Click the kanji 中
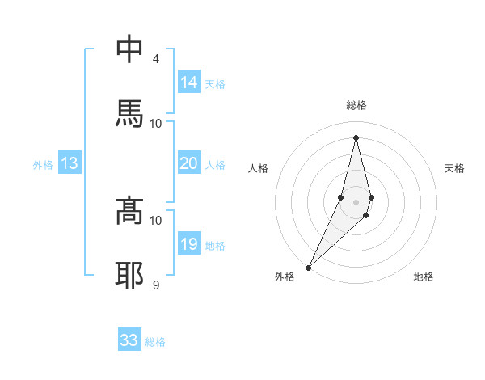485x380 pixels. coord(130,50)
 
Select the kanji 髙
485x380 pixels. coord(130,211)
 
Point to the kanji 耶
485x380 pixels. coord(130,276)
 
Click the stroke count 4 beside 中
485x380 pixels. coord(155,59)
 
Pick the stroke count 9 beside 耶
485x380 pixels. coord(155,285)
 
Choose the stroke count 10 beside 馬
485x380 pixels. coord(156,123)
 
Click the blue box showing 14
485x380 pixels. coord(189,82)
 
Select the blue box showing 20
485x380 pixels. coord(189,163)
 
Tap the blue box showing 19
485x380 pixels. coord(189,244)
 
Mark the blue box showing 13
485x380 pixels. coord(70,163)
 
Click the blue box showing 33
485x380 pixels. coord(129,340)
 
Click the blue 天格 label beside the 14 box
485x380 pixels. coord(215,84)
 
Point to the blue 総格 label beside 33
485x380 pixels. coord(155,342)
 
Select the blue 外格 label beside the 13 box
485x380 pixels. coord(43,165)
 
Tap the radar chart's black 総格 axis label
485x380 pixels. coord(356,105)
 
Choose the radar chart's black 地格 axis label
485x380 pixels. coord(424,277)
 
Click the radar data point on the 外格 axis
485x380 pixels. coord(308,267)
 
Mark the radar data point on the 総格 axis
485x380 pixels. coord(356,137)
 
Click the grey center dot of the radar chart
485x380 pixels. coord(356,201)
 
